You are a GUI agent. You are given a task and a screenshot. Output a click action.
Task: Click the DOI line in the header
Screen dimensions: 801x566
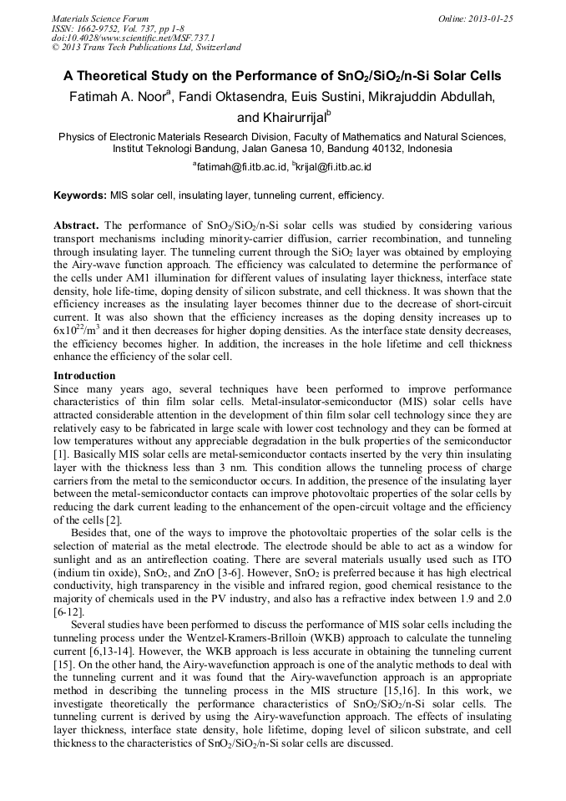pos(133,38)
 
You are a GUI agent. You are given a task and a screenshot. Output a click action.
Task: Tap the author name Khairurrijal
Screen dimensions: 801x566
pos(283,118)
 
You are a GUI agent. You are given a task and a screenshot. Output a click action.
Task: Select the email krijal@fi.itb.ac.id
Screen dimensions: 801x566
pos(333,166)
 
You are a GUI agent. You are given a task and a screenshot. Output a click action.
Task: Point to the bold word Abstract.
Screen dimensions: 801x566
pos(76,226)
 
